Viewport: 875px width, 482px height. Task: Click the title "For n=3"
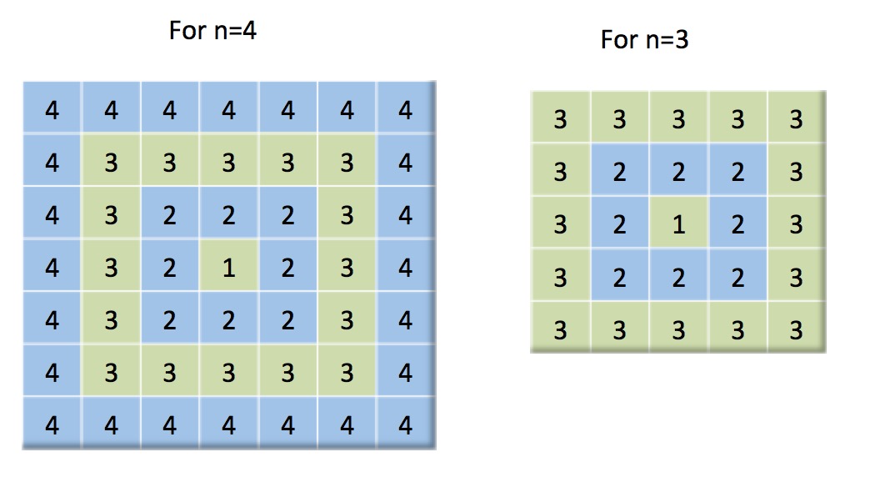pos(644,39)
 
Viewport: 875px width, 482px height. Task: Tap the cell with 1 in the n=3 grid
pos(678,224)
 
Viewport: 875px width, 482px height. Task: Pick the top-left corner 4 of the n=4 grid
pos(52,110)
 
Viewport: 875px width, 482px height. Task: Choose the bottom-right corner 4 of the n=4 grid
pos(405,425)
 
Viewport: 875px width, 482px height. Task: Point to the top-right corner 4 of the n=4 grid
pos(405,110)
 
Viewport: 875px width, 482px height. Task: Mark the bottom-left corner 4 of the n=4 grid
pos(52,425)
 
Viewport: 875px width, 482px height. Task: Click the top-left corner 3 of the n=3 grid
pos(560,119)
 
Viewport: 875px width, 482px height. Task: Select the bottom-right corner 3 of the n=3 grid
pos(796,330)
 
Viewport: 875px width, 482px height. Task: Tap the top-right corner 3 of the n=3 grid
pos(796,119)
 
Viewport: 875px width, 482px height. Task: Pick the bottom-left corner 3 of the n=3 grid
pos(560,330)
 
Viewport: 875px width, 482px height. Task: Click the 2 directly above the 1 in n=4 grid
pos(228,215)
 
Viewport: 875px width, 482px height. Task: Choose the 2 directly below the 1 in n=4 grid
pos(228,320)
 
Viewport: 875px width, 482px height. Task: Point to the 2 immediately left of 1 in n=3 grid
pos(619,224)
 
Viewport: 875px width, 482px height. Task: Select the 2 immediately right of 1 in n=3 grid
pos(737,224)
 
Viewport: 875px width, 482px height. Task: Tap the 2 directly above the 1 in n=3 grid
pos(678,172)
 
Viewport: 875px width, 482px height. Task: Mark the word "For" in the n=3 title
pos(618,39)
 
